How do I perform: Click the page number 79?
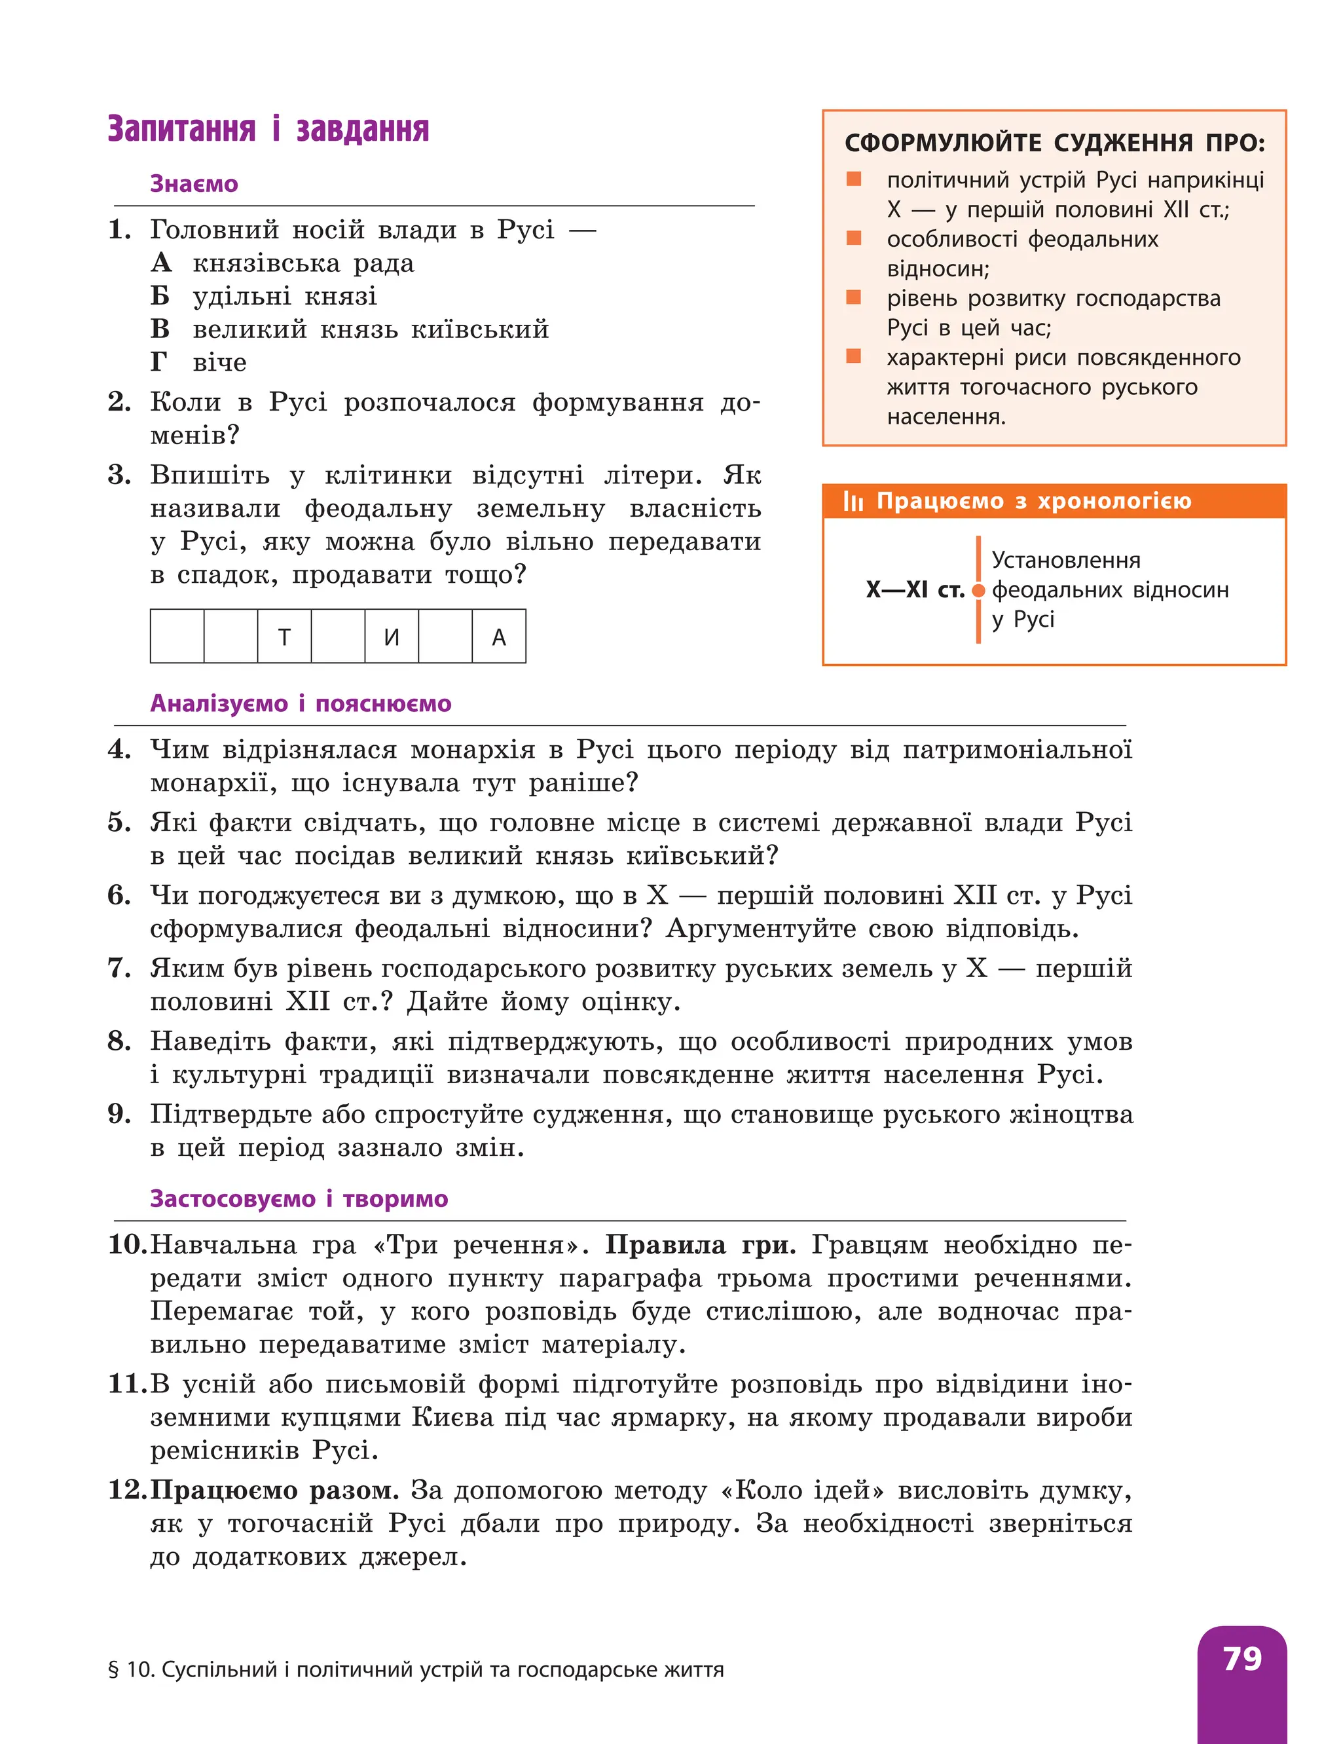pos(1242,1659)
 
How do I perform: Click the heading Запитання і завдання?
pos(268,129)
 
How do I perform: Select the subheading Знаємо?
pos(194,185)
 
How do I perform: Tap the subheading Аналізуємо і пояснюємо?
pos(301,703)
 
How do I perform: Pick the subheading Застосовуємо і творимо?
pos(299,1199)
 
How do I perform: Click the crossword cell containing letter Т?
pos(284,637)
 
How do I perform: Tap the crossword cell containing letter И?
pos(391,637)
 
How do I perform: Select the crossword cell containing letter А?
pos(499,637)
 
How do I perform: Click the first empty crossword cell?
pos(177,637)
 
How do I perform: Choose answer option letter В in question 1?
pos(160,329)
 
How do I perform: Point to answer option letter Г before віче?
pos(160,362)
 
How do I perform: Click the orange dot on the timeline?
pos(979,591)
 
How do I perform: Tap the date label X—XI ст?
pos(915,591)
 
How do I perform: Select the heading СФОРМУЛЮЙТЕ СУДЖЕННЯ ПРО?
pos(1054,143)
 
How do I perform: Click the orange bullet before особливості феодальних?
pos(853,238)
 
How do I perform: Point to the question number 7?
pos(117,968)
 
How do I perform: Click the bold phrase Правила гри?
pos(699,1245)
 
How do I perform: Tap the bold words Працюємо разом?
pos(274,1490)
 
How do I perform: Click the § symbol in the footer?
pos(113,1671)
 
